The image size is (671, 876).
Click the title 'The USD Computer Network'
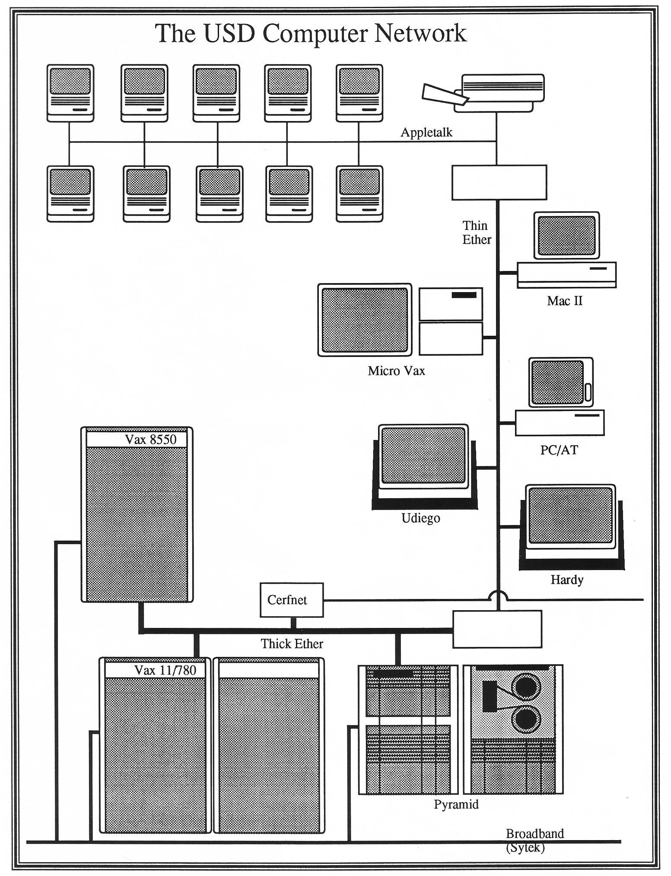coord(311,34)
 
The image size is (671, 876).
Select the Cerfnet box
coord(292,600)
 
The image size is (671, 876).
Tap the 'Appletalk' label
coord(426,132)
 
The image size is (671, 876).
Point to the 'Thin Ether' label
coord(477,233)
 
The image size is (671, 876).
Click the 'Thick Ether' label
coord(292,644)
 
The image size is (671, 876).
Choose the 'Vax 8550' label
coord(151,440)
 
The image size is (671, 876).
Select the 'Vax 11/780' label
coord(165,670)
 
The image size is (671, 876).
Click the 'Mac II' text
coord(565,301)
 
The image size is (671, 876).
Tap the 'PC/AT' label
coord(559,450)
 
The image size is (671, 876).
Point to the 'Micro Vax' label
coord(396,371)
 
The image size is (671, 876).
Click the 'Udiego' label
coord(420,518)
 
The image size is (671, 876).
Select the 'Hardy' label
coord(567,580)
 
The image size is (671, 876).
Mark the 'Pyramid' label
coord(456,804)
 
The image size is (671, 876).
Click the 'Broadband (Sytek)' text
coord(535,841)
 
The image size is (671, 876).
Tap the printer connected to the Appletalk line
coord(483,93)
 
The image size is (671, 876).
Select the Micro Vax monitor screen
coord(365,320)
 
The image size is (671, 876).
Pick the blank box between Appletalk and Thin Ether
coord(499,182)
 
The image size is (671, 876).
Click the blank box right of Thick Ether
coord(497,629)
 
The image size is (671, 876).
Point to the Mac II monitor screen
coord(566,236)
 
